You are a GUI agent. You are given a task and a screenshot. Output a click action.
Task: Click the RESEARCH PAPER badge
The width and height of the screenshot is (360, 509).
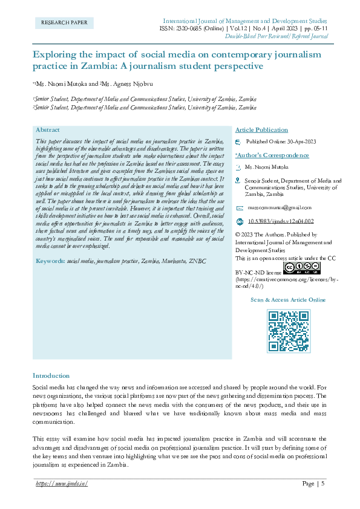coord(64,23)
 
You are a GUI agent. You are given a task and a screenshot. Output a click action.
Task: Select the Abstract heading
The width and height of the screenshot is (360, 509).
coord(48,130)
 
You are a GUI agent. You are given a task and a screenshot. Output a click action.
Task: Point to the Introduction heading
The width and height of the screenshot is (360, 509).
coord(51,375)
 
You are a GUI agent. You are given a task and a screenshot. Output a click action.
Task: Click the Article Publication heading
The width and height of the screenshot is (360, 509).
coord(261,130)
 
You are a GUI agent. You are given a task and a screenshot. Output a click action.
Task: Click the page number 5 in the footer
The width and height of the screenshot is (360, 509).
coord(323,483)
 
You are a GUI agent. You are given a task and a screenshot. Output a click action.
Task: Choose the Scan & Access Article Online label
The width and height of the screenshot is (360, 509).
coord(288,300)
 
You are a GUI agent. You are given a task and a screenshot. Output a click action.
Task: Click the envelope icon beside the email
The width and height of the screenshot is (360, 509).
coord(238,207)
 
